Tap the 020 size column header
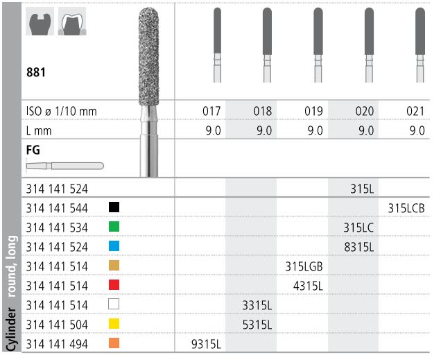coord(364,111)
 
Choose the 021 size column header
coord(415,111)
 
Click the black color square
coord(114,207)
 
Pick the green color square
coord(114,226)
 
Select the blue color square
coord(114,246)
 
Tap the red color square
coord(114,284)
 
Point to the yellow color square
coord(114,323)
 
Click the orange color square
coord(114,343)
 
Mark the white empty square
coord(114,304)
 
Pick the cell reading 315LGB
coord(304,266)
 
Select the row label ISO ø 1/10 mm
coord(61,111)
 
